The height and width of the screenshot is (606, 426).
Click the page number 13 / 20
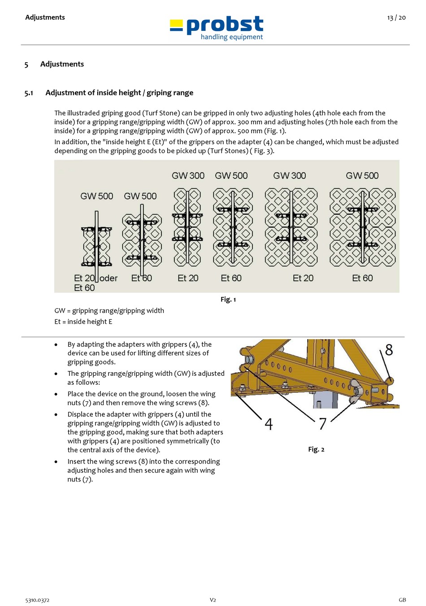click(396, 17)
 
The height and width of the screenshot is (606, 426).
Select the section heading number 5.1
click(29, 93)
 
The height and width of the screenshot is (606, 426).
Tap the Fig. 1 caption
click(228, 299)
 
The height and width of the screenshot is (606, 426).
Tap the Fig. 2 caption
click(316, 449)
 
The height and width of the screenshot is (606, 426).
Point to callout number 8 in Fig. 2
click(388, 350)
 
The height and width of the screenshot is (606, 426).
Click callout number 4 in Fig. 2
click(268, 424)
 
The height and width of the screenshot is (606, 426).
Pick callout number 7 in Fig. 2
click(322, 424)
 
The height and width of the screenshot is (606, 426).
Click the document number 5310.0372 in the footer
click(37, 600)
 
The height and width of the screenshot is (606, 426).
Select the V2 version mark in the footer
click(213, 600)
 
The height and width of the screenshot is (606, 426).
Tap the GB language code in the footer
click(402, 600)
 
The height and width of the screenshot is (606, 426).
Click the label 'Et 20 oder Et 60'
click(95, 283)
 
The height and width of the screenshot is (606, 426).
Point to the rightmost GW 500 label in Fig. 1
click(362, 176)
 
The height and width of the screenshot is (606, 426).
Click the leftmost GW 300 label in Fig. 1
click(188, 176)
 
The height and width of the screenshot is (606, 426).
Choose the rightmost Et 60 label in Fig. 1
click(362, 278)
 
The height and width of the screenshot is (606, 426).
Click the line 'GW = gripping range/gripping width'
click(109, 310)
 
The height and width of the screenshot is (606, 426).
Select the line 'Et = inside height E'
click(83, 322)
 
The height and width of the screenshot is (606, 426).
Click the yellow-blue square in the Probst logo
click(176, 25)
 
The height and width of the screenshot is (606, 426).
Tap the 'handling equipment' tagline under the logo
click(231, 37)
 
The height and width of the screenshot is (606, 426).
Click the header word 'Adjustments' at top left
click(45, 17)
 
